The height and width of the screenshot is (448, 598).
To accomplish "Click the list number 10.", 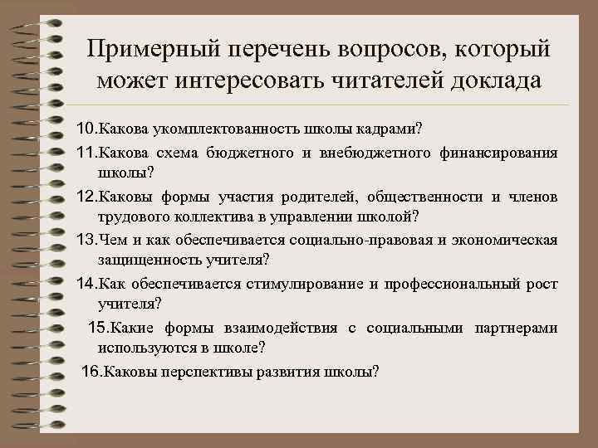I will coord(86,130).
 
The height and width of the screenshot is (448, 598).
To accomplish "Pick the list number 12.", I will coord(86,196).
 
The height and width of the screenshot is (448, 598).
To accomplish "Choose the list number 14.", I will coord(86,284).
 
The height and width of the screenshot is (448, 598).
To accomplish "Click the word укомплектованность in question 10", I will coord(215,130).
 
